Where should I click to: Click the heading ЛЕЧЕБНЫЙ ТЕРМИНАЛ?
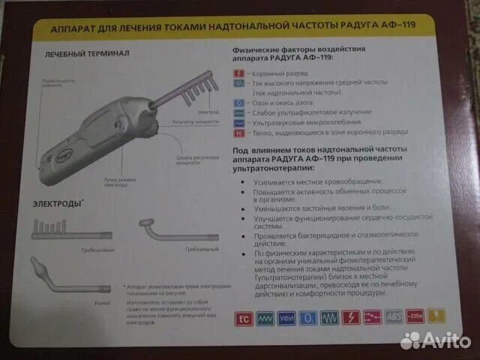[87, 54]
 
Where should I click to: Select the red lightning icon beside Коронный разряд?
[238, 73]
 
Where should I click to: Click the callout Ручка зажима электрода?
[98, 181]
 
